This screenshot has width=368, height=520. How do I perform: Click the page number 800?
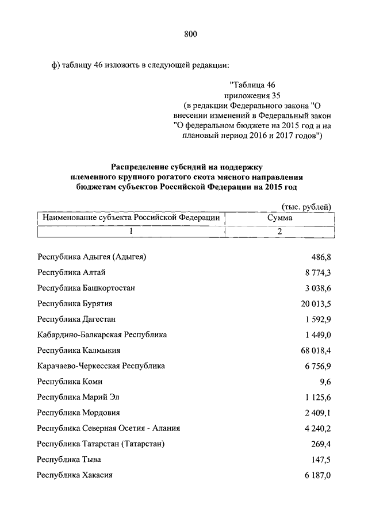191,34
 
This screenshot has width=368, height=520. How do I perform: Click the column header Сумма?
279,218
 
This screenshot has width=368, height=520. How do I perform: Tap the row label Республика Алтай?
71,272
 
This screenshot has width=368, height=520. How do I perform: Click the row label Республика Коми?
70,381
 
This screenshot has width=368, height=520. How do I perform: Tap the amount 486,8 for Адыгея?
321,256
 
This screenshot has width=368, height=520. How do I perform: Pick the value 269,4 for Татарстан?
321,444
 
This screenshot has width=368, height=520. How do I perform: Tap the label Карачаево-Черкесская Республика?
101,365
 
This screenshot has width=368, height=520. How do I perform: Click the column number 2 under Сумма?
279,231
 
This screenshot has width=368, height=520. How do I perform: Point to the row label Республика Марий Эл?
78,396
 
